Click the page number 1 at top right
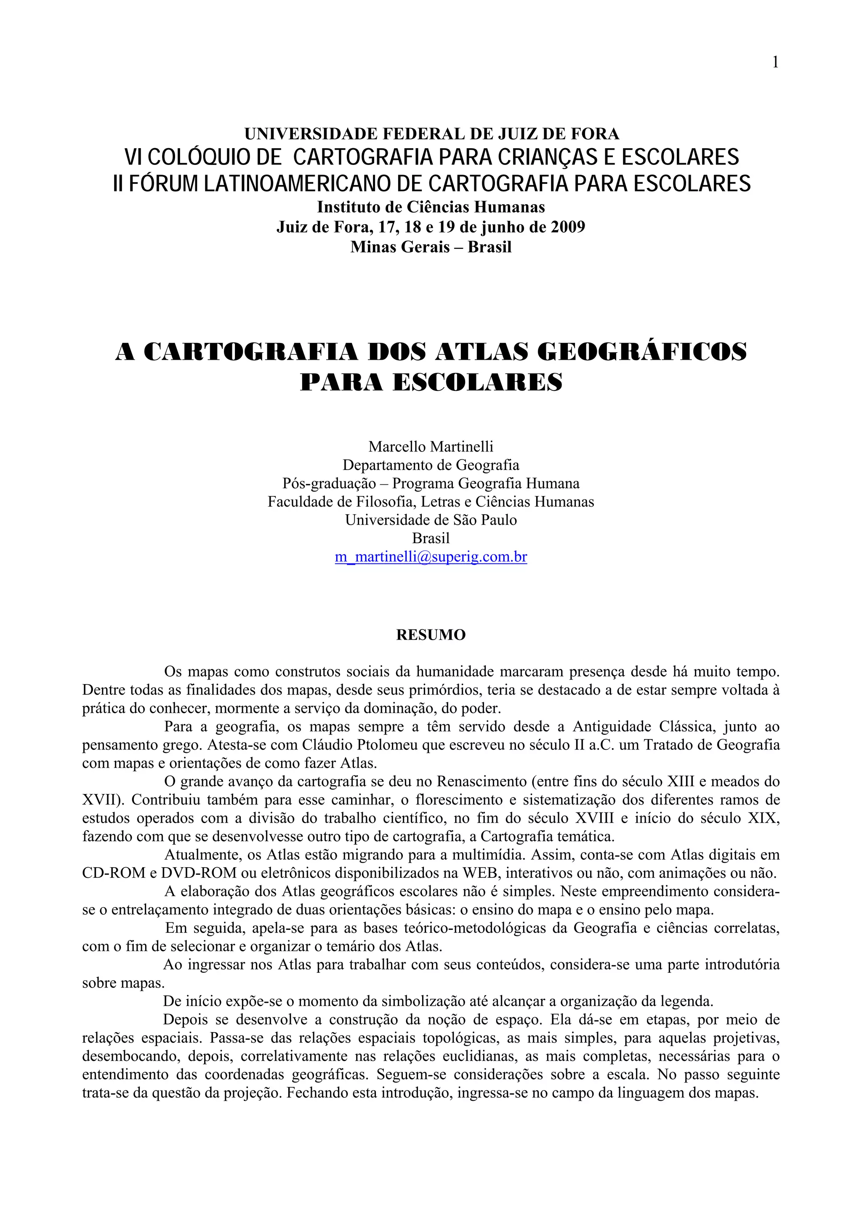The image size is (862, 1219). (775, 63)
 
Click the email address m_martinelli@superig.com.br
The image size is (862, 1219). (431, 557)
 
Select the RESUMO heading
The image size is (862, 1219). (431, 635)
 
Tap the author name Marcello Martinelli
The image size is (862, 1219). (431, 446)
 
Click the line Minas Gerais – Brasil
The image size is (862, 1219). (431, 247)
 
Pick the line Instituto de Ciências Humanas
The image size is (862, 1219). (431, 207)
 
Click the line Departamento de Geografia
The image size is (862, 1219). (431, 465)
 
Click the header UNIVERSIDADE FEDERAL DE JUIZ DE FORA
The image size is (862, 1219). (431, 133)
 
